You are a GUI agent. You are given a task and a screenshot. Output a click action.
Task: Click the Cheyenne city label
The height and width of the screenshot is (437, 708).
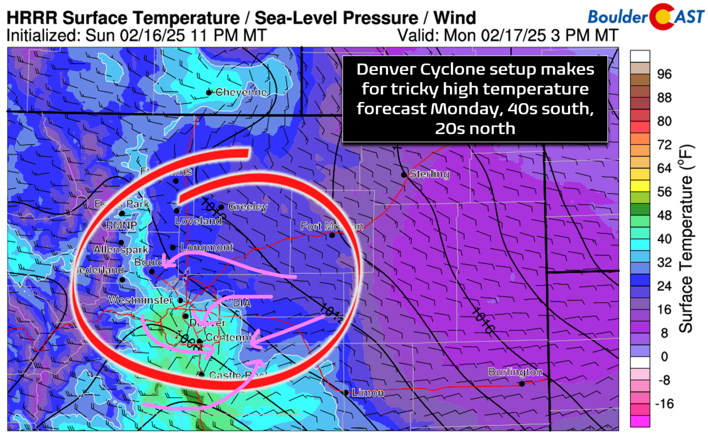pyautogui.click(x=241, y=92)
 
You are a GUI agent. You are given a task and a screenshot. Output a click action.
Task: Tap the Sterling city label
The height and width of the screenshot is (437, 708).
pyautogui.click(x=429, y=174)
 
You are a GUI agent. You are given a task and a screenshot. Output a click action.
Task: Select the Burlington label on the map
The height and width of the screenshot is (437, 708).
pyautogui.click(x=515, y=372)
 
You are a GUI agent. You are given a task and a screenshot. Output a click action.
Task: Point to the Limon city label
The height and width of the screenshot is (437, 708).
pyautogui.click(x=368, y=393)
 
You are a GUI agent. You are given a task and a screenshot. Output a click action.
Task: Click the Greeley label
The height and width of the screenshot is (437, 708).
pyautogui.click(x=248, y=207)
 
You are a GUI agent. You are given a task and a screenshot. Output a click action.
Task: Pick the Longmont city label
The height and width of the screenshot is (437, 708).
pyautogui.click(x=206, y=248)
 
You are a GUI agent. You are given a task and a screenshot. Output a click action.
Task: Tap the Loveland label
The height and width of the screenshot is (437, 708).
pyautogui.click(x=198, y=221)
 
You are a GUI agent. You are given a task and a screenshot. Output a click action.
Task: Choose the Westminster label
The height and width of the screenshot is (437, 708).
pyautogui.click(x=141, y=300)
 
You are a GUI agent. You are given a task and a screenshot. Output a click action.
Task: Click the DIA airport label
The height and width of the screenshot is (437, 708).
pyautogui.click(x=242, y=303)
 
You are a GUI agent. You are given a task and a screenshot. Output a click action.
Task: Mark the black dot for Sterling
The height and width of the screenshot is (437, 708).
pyautogui.click(x=404, y=175)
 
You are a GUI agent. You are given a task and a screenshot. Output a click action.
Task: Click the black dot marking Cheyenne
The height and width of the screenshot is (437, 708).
pyautogui.click(x=209, y=93)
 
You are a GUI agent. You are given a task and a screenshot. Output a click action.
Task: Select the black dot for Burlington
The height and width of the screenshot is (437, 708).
pyautogui.click(x=522, y=384)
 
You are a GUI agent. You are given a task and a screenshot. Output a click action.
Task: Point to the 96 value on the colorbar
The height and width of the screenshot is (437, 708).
pyautogui.click(x=664, y=74)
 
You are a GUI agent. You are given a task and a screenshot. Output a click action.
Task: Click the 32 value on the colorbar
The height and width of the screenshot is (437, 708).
pyautogui.click(x=664, y=262)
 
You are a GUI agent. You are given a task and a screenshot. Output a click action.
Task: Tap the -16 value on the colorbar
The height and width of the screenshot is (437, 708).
pyautogui.click(x=664, y=404)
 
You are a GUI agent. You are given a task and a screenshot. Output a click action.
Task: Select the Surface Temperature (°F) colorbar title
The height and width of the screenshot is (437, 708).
pyautogui.click(x=686, y=239)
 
